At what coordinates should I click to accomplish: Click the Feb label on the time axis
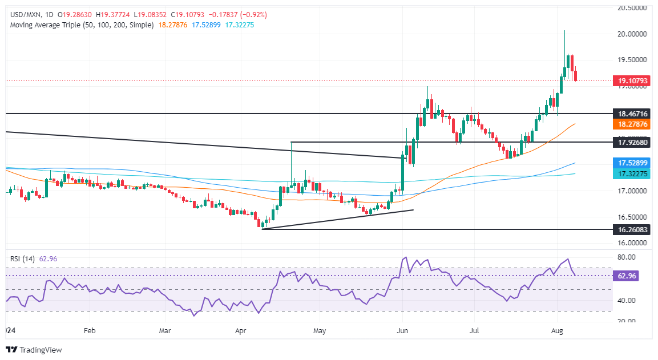[89, 330]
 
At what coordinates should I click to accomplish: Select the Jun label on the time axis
[403, 330]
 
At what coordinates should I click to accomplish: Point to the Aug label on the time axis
[558, 330]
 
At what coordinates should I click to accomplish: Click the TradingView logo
[34, 349]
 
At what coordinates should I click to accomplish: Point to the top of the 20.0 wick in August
[564, 30]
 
